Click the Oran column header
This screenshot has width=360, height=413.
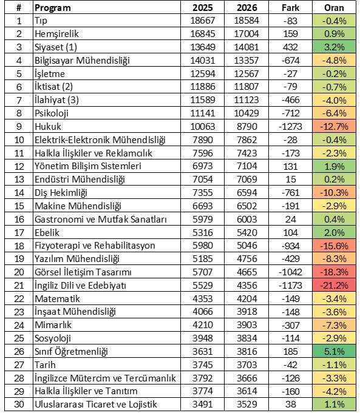click(334, 8)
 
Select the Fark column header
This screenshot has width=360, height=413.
click(290, 8)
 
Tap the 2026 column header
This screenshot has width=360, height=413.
click(246, 8)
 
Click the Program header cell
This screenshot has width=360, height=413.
click(53, 8)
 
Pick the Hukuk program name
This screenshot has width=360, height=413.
click(48, 126)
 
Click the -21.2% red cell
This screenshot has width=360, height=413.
click(334, 285)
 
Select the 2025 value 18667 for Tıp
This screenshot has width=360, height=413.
click(203, 21)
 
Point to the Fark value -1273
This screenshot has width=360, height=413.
click(290, 126)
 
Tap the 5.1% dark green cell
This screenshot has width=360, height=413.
click(334, 351)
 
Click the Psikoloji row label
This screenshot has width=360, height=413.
click(52, 113)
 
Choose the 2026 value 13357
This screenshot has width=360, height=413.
click(246, 60)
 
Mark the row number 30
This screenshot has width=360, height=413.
click(19, 405)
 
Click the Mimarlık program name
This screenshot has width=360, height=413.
click(53, 325)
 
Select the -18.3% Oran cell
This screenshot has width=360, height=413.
click(334, 272)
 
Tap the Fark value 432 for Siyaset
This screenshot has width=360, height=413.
click(290, 47)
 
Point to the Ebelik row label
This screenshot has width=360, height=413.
click(47, 232)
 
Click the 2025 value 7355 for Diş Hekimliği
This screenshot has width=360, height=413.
click(203, 192)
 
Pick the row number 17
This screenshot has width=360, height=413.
click(19, 232)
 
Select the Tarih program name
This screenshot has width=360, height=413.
click(45, 365)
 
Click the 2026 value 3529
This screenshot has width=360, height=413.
click(246, 405)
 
